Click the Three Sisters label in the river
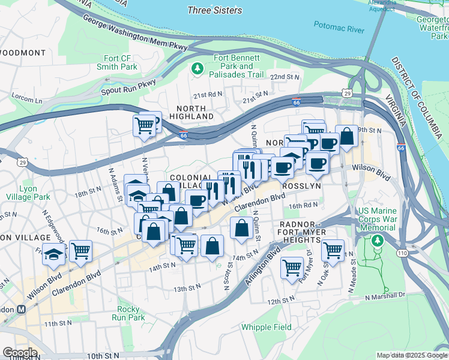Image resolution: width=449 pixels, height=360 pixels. click(214, 10)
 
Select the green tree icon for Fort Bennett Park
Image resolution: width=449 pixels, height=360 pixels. click(197, 70)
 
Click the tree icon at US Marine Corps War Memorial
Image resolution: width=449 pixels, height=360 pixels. click(377, 241)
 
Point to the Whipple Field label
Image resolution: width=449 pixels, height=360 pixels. click(267, 327)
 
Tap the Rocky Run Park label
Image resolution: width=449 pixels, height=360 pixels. click(128, 313)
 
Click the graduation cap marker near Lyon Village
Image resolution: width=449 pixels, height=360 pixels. click(54, 254)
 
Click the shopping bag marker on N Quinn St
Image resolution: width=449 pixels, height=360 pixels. click(241, 228)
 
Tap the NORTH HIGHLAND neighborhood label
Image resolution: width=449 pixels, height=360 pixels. click(191, 112)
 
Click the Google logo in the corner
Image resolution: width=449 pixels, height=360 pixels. click(20, 353)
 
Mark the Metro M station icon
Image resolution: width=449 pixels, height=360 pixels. click(22, 309)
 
